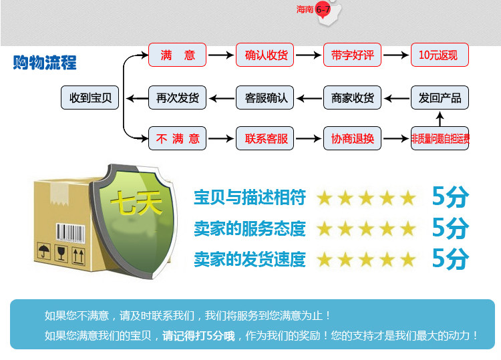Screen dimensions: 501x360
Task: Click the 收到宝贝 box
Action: coord(90,98)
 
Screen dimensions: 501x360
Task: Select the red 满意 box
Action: coord(177,55)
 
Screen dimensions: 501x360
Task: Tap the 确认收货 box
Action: coord(266,55)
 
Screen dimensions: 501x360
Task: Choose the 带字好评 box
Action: coord(352,55)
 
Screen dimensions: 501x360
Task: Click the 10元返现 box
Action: coord(439,55)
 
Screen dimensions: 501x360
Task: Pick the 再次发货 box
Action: coord(177,98)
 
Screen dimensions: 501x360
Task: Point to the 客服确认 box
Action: coord(266,98)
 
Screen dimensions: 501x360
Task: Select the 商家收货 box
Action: coord(352,98)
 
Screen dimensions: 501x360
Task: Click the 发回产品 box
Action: coord(439,98)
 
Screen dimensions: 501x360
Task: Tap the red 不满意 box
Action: coord(177,139)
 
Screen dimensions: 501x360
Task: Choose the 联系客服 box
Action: coord(266,139)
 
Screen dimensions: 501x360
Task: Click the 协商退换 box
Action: coord(352,139)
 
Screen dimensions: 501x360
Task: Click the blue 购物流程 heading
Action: coord(45,63)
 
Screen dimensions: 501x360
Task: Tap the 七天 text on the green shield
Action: coord(136,202)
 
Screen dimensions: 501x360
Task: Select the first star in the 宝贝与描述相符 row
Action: coord(325,198)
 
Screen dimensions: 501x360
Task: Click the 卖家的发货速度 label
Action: coord(249,258)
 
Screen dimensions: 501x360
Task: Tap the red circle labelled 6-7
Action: coord(322,9)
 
